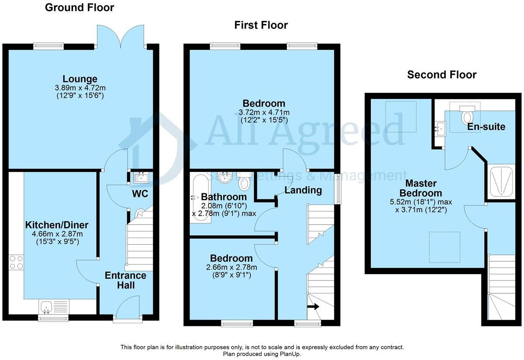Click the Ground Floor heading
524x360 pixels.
tap(79, 7)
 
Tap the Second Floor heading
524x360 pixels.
tap(441, 75)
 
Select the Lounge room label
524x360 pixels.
tap(80, 79)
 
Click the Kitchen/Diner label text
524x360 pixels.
tap(57, 225)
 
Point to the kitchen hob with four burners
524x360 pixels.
tap(16, 262)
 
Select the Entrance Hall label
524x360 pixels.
tap(125, 281)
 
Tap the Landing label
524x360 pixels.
tap(303, 190)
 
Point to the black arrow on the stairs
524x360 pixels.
tap(313, 307)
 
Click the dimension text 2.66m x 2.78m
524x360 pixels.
tap(231, 267)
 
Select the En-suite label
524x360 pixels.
tap(486, 127)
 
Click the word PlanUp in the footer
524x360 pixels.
tap(290, 354)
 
